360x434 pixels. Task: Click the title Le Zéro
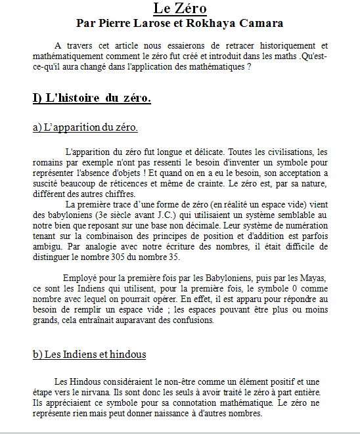(x=180, y=9)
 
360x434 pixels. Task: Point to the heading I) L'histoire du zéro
(x=92, y=98)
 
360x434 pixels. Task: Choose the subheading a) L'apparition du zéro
(x=85, y=127)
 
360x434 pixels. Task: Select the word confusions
(x=194, y=320)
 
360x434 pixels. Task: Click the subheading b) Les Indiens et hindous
(x=89, y=355)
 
